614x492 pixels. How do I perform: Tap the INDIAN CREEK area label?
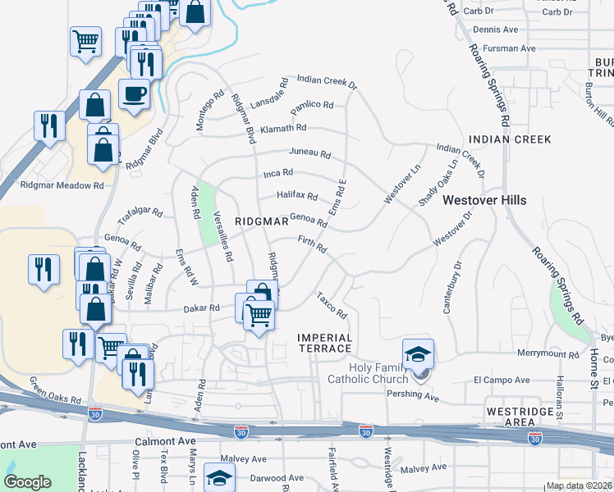509,139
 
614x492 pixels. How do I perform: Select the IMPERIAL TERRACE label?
325,343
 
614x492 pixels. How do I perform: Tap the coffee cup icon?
135,93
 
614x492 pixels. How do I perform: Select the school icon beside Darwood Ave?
219,477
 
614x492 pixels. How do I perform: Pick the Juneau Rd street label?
309,153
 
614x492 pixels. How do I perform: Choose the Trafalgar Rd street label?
141,215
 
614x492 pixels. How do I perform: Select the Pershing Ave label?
413,399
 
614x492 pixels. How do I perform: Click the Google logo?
27,482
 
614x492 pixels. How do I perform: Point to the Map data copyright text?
579,485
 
